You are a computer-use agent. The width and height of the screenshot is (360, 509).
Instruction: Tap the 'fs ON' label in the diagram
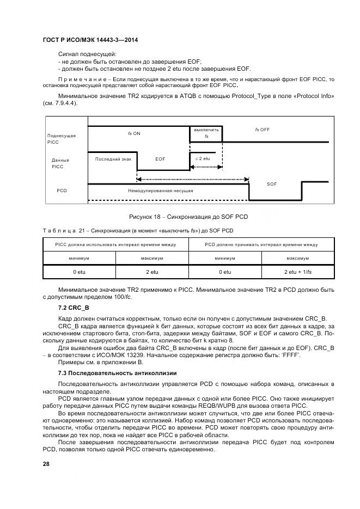134,133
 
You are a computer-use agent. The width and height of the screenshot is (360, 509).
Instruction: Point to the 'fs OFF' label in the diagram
263,130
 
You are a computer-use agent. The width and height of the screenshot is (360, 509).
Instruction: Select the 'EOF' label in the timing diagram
160,159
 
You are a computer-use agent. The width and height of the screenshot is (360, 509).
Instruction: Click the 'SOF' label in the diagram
272,185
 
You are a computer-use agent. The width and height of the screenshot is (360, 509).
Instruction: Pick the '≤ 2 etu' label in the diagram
203,158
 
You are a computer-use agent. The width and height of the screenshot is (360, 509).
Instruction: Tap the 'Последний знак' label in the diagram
113,159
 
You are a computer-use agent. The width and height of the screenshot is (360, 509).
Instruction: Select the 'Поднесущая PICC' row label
61,138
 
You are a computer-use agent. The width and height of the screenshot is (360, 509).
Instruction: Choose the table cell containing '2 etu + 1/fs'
297,271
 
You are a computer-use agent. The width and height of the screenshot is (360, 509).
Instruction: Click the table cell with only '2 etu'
152,271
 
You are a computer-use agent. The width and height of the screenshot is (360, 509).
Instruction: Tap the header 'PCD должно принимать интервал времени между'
261,245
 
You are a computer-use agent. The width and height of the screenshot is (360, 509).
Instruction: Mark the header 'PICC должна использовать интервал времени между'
115,245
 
